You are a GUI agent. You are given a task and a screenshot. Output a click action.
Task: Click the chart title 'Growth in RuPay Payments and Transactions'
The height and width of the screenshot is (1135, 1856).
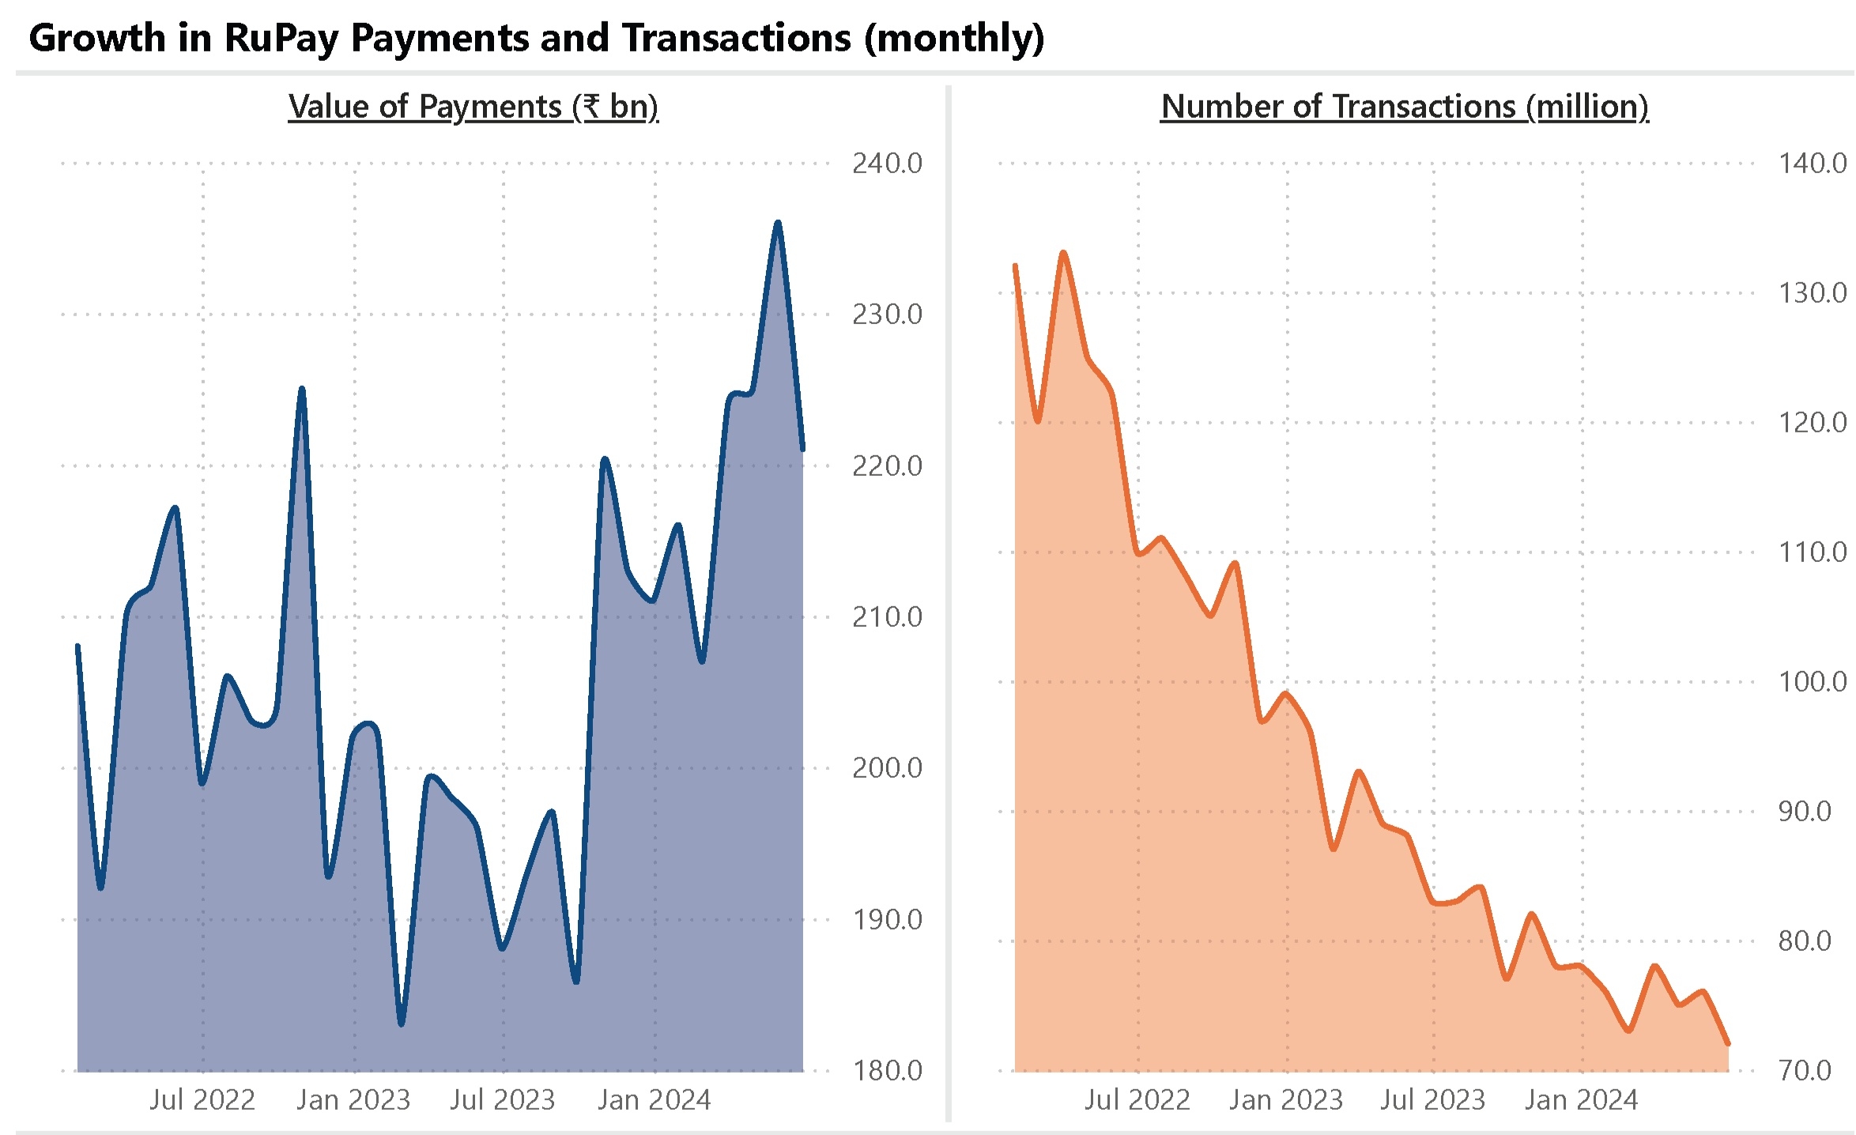point(536,38)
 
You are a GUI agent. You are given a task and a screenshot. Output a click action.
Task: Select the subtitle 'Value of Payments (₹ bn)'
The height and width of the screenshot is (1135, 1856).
point(473,107)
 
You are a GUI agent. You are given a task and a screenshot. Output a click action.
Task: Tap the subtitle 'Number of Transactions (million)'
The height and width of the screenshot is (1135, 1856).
point(1404,107)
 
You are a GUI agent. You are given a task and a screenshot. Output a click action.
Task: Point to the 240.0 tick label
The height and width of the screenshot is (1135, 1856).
point(886,164)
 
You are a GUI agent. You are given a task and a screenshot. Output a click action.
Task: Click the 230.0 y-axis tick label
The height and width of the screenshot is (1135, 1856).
point(886,315)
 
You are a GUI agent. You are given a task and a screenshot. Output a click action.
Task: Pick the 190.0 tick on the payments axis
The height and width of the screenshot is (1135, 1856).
point(886,919)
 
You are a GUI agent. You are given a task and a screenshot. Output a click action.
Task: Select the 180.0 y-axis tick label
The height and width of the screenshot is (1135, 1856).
point(886,1070)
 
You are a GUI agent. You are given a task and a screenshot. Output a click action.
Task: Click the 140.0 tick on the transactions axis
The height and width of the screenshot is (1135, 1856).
point(1812,164)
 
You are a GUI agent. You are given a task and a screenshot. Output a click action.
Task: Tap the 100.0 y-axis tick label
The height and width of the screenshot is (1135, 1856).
point(1812,681)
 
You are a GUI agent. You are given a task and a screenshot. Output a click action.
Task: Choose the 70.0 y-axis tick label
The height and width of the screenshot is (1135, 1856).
point(1804,1070)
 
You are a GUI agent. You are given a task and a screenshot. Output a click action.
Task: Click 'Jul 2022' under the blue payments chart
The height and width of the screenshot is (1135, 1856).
point(202,1099)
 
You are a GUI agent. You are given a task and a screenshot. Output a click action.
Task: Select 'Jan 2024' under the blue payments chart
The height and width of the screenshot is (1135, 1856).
point(654,1099)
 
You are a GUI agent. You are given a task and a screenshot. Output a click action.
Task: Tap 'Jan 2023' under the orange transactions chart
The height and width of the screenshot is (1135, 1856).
point(1285,1099)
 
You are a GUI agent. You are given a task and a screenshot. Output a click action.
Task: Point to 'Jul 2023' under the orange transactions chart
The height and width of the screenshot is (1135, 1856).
point(1432,1099)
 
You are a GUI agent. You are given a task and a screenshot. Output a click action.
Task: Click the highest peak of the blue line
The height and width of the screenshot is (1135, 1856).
point(778,223)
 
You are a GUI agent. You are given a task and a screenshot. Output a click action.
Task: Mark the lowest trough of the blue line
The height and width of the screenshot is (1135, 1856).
point(402,1024)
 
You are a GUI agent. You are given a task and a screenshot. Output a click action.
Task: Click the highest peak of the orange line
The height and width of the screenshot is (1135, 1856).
point(1063,253)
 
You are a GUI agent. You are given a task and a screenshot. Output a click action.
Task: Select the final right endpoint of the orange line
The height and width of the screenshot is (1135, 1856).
point(1728,1044)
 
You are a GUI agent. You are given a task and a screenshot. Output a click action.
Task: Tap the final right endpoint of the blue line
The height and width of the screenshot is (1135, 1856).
point(802,450)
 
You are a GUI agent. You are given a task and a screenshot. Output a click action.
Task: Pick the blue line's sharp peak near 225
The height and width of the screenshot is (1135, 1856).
point(301,389)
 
